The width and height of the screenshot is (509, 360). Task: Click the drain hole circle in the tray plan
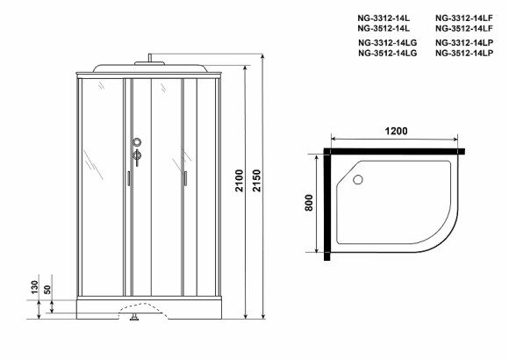[x=358, y=180]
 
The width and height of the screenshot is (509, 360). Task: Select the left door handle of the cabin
[x=128, y=178]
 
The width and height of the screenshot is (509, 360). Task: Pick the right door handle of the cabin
[x=186, y=178]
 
